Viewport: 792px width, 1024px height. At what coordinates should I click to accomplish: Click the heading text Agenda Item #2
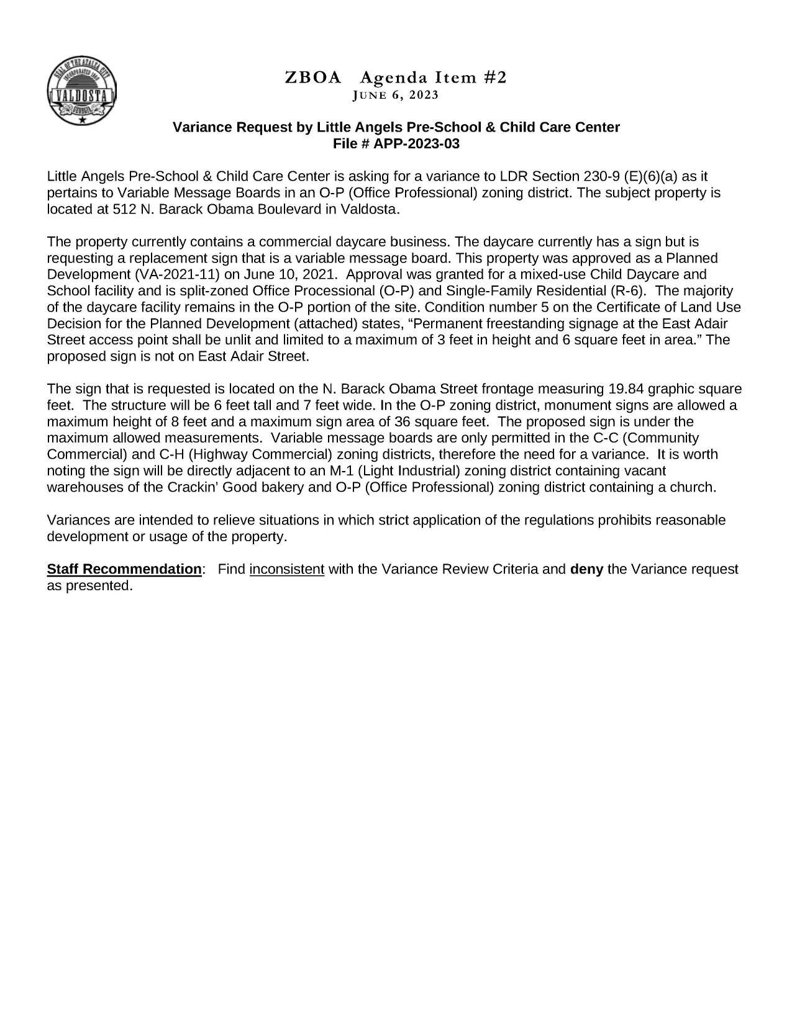pos(433,78)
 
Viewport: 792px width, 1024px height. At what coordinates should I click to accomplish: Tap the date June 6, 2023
pos(395,95)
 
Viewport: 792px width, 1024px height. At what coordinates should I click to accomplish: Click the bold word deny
pos(586,569)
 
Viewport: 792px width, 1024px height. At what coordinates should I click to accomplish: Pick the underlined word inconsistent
pos(287,569)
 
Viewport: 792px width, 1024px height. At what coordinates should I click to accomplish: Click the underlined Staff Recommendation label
pos(124,569)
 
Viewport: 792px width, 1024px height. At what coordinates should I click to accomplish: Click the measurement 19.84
pos(624,389)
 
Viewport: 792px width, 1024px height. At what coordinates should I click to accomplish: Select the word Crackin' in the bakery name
pos(193,487)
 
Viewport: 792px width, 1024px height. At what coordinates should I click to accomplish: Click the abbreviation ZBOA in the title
pos(313,78)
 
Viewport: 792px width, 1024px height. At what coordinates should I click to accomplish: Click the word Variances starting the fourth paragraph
pos(76,520)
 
